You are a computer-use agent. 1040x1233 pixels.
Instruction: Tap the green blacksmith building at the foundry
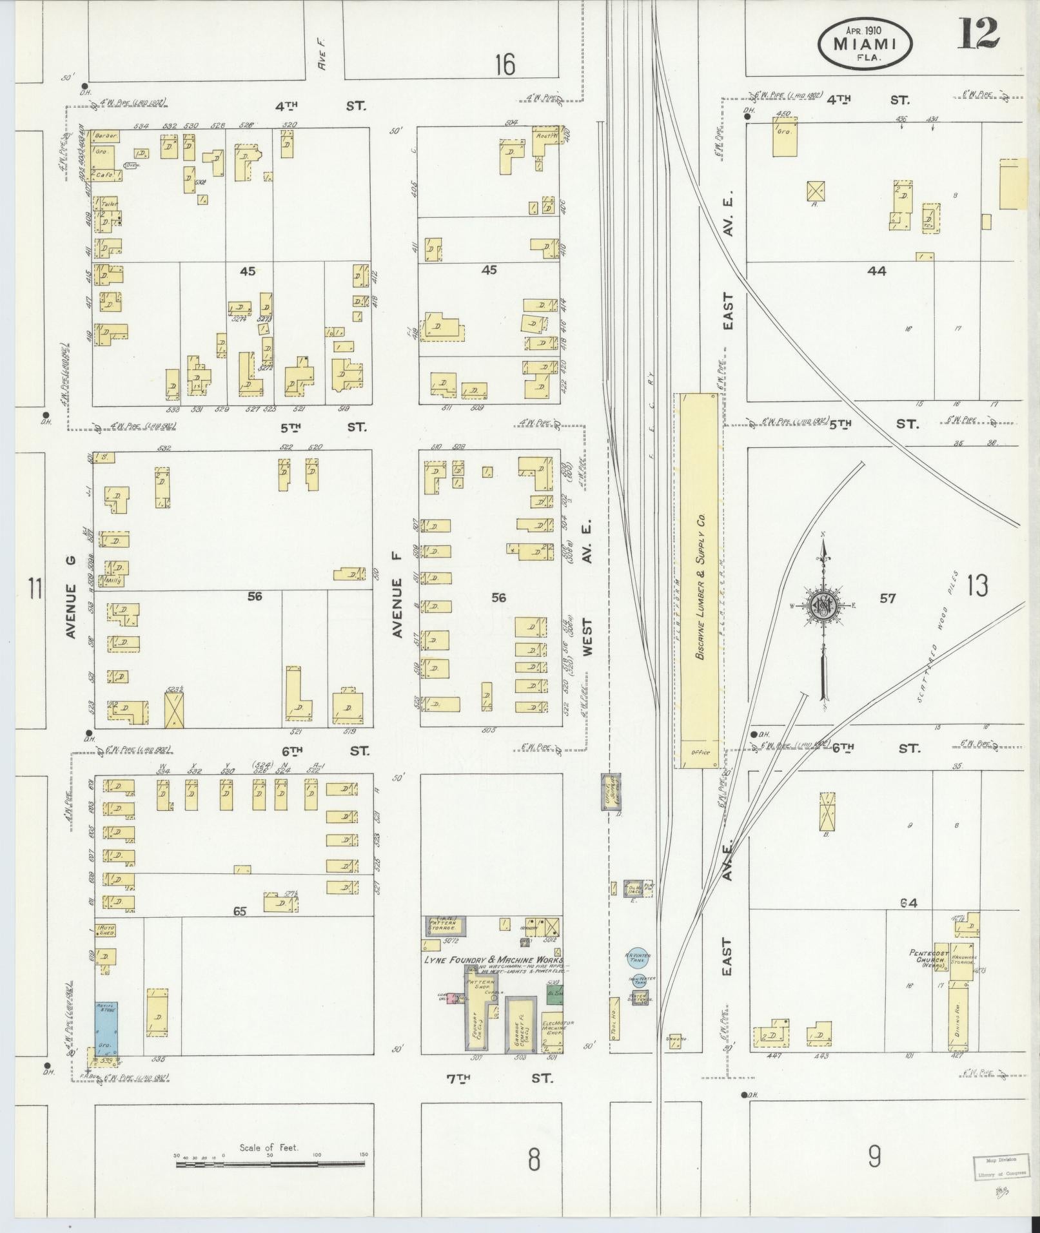pyautogui.click(x=554, y=1011)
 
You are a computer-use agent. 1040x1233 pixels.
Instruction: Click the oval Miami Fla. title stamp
pyautogui.click(x=865, y=43)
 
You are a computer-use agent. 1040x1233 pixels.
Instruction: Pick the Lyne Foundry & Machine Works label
pyautogui.click(x=493, y=960)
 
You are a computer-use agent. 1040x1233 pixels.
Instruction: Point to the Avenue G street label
pyautogui.click(x=71, y=611)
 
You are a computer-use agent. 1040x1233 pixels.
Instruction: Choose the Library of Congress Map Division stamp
pyautogui.click(x=997, y=1167)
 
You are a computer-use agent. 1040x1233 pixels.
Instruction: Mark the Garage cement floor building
pyautogui.click(x=522, y=1023)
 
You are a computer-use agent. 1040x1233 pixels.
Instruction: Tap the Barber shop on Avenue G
pyautogui.click(x=103, y=137)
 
